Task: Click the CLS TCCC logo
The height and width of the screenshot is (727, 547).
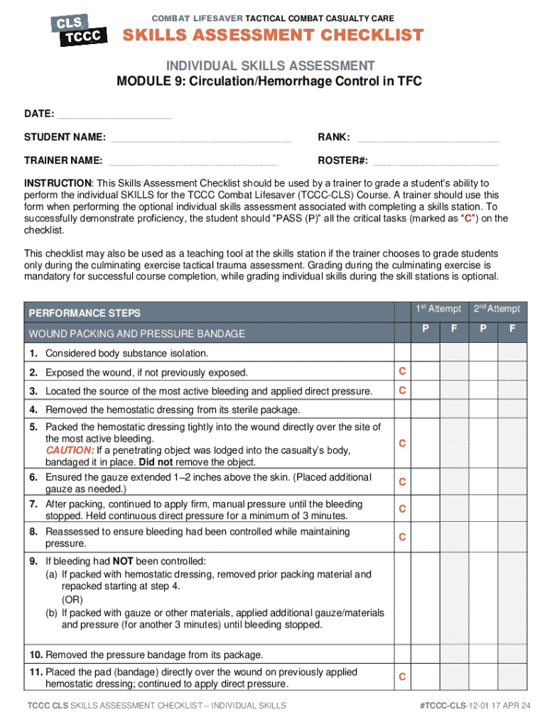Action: [x=78, y=29]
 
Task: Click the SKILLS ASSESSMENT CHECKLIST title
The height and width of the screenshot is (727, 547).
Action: [x=274, y=35]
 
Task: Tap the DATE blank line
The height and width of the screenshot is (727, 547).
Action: [x=114, y=114]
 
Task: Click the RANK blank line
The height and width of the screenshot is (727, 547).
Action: [x=428, y=137]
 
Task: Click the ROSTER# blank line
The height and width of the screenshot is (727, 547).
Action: [x=436, y=160]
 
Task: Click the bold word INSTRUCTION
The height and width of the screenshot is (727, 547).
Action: [x=58, y=182]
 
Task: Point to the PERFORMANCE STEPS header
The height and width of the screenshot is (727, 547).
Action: [x=84, y=313]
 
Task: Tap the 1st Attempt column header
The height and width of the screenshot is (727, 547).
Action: [x=438, y=309]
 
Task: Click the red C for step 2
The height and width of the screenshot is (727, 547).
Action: [x=402, y=371]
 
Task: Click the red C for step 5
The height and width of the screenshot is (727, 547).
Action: [x=402, y=444]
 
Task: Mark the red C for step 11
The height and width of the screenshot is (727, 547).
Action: [x=402, y=677]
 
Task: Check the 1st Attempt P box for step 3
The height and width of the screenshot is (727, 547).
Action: [x=425, y=390]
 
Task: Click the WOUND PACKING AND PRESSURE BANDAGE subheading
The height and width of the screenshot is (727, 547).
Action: [x=136, y=334]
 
